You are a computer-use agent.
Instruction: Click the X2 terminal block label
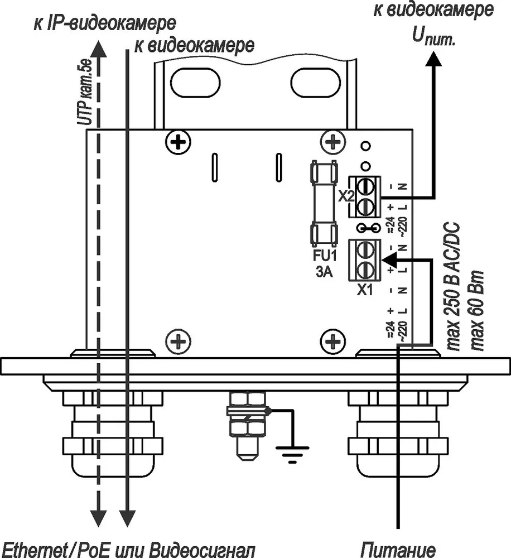345,196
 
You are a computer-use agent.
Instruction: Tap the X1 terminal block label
365,290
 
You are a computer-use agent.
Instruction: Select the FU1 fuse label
324,256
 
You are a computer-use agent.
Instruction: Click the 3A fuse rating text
324,272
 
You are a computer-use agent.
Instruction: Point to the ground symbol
292,454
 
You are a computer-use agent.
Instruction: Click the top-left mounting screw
179,142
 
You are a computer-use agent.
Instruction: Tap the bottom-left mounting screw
179,342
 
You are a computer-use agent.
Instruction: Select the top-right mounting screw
332,142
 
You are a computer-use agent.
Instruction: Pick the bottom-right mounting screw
332,342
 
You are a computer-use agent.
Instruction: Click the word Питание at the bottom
398,549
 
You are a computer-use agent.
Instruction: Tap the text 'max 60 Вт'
477,311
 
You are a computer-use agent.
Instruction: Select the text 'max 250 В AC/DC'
452,287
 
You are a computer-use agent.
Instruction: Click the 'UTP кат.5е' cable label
85,93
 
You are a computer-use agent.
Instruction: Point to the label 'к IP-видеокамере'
105,23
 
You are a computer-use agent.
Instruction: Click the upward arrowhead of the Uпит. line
434,59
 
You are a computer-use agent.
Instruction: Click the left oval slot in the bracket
195,82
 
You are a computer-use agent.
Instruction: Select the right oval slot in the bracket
315,82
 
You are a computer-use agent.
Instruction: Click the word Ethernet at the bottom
32,550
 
